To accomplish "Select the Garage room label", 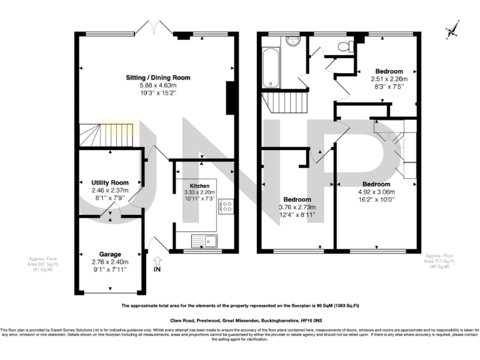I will pos(109,254).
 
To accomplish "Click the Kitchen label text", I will pos(199,186).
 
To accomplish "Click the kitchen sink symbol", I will pos(204,240).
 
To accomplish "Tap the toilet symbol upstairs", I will pos(342,47).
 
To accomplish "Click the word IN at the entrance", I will pos(157,269).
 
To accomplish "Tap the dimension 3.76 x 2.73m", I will pos(297,207).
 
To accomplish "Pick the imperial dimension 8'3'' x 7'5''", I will pos(389,87).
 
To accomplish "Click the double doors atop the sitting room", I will pos(151,28).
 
